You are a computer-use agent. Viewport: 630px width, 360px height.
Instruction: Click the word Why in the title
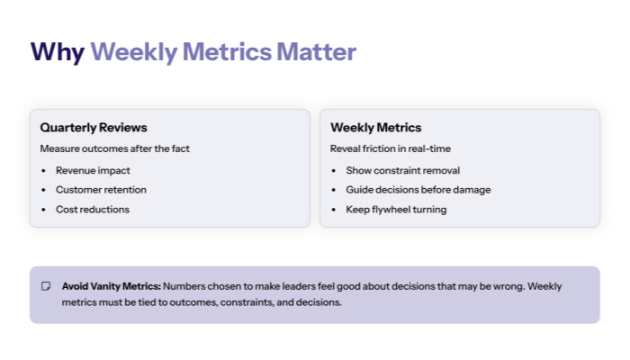58,52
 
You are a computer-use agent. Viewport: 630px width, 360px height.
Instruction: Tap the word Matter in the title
316,52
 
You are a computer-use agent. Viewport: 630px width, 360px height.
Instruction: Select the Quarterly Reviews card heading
94,128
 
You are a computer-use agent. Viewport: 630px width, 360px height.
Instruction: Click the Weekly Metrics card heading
375,128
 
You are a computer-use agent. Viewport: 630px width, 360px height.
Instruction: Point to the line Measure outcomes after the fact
114,148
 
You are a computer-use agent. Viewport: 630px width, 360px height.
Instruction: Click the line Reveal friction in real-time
391,148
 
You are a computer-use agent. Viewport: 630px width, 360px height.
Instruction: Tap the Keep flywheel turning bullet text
396,210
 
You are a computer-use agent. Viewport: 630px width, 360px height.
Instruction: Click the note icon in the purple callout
46,286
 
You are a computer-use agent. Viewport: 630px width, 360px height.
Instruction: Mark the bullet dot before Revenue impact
44,170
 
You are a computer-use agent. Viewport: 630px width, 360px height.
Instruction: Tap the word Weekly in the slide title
133,52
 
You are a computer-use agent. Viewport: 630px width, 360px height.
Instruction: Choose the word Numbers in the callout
184,286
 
